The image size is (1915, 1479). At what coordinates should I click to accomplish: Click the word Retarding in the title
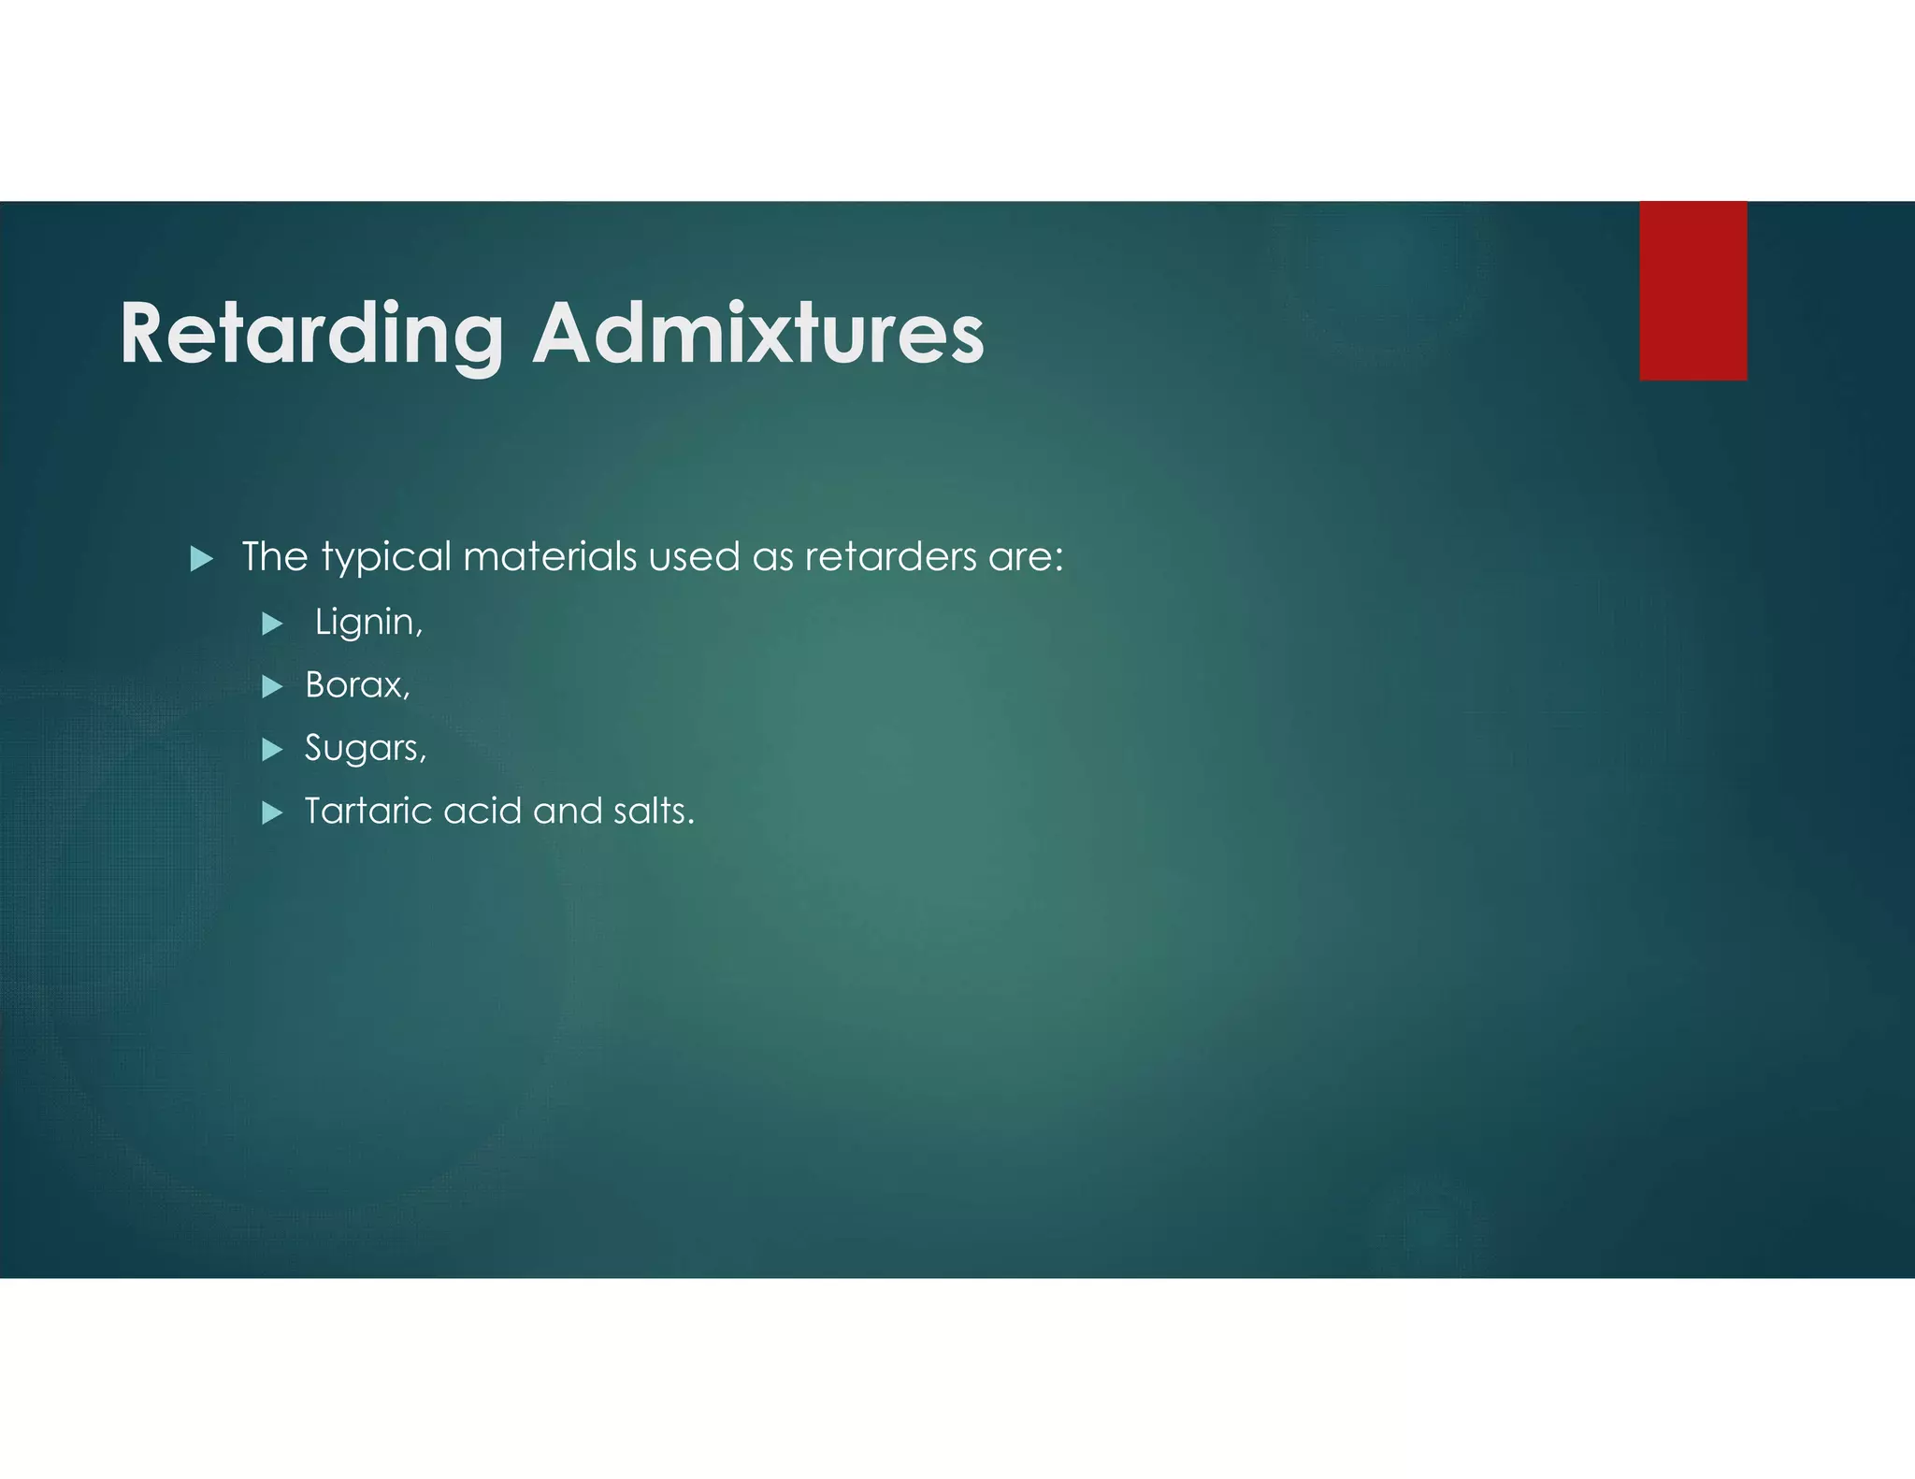coord(311,335)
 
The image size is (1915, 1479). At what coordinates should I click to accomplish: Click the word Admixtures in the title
coord(757,335)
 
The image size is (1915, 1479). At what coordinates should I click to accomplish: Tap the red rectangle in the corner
coord(1692,291)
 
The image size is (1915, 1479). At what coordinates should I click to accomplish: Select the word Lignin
coord(368,623)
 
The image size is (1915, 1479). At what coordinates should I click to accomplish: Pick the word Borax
coord(356,685)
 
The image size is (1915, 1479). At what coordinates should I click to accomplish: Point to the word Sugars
coord(365,748)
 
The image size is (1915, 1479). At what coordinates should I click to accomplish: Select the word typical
coord(386,558)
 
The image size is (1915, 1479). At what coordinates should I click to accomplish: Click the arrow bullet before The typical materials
coord(201,559)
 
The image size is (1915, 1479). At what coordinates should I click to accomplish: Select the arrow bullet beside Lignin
coord(272,624)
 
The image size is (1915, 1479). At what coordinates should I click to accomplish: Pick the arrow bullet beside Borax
coord(272,687)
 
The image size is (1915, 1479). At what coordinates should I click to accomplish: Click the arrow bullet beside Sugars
coord(272,750)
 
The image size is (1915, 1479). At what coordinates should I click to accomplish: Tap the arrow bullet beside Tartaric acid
coord(272,812)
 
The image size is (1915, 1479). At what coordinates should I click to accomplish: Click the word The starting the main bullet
coord(275,557)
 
